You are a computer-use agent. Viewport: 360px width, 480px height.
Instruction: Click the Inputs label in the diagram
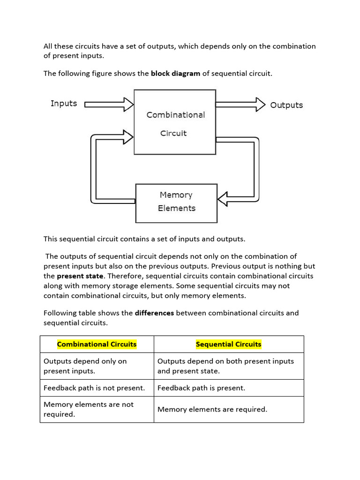coord(64,104)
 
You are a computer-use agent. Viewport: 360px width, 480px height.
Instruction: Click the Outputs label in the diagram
coord(286,105)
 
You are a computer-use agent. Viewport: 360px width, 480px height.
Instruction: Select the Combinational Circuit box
coord(175,122)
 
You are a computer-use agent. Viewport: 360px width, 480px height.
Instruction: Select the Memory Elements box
coord(176,203)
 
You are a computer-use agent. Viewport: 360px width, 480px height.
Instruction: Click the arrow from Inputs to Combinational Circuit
coord(109,105)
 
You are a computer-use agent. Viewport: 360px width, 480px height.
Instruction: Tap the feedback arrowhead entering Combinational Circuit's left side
coord(127,137)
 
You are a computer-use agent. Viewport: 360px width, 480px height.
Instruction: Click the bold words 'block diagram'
coord(175,74)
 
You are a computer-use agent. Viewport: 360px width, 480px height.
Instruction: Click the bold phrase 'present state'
coord(80,276)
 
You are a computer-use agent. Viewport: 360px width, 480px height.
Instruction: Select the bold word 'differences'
coord(154,313)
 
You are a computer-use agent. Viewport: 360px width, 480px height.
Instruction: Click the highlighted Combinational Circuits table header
coord(97,344)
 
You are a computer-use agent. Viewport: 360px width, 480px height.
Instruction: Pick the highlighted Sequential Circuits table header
coord(228,344)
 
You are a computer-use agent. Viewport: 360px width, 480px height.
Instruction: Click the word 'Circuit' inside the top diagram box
coord(173,133)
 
